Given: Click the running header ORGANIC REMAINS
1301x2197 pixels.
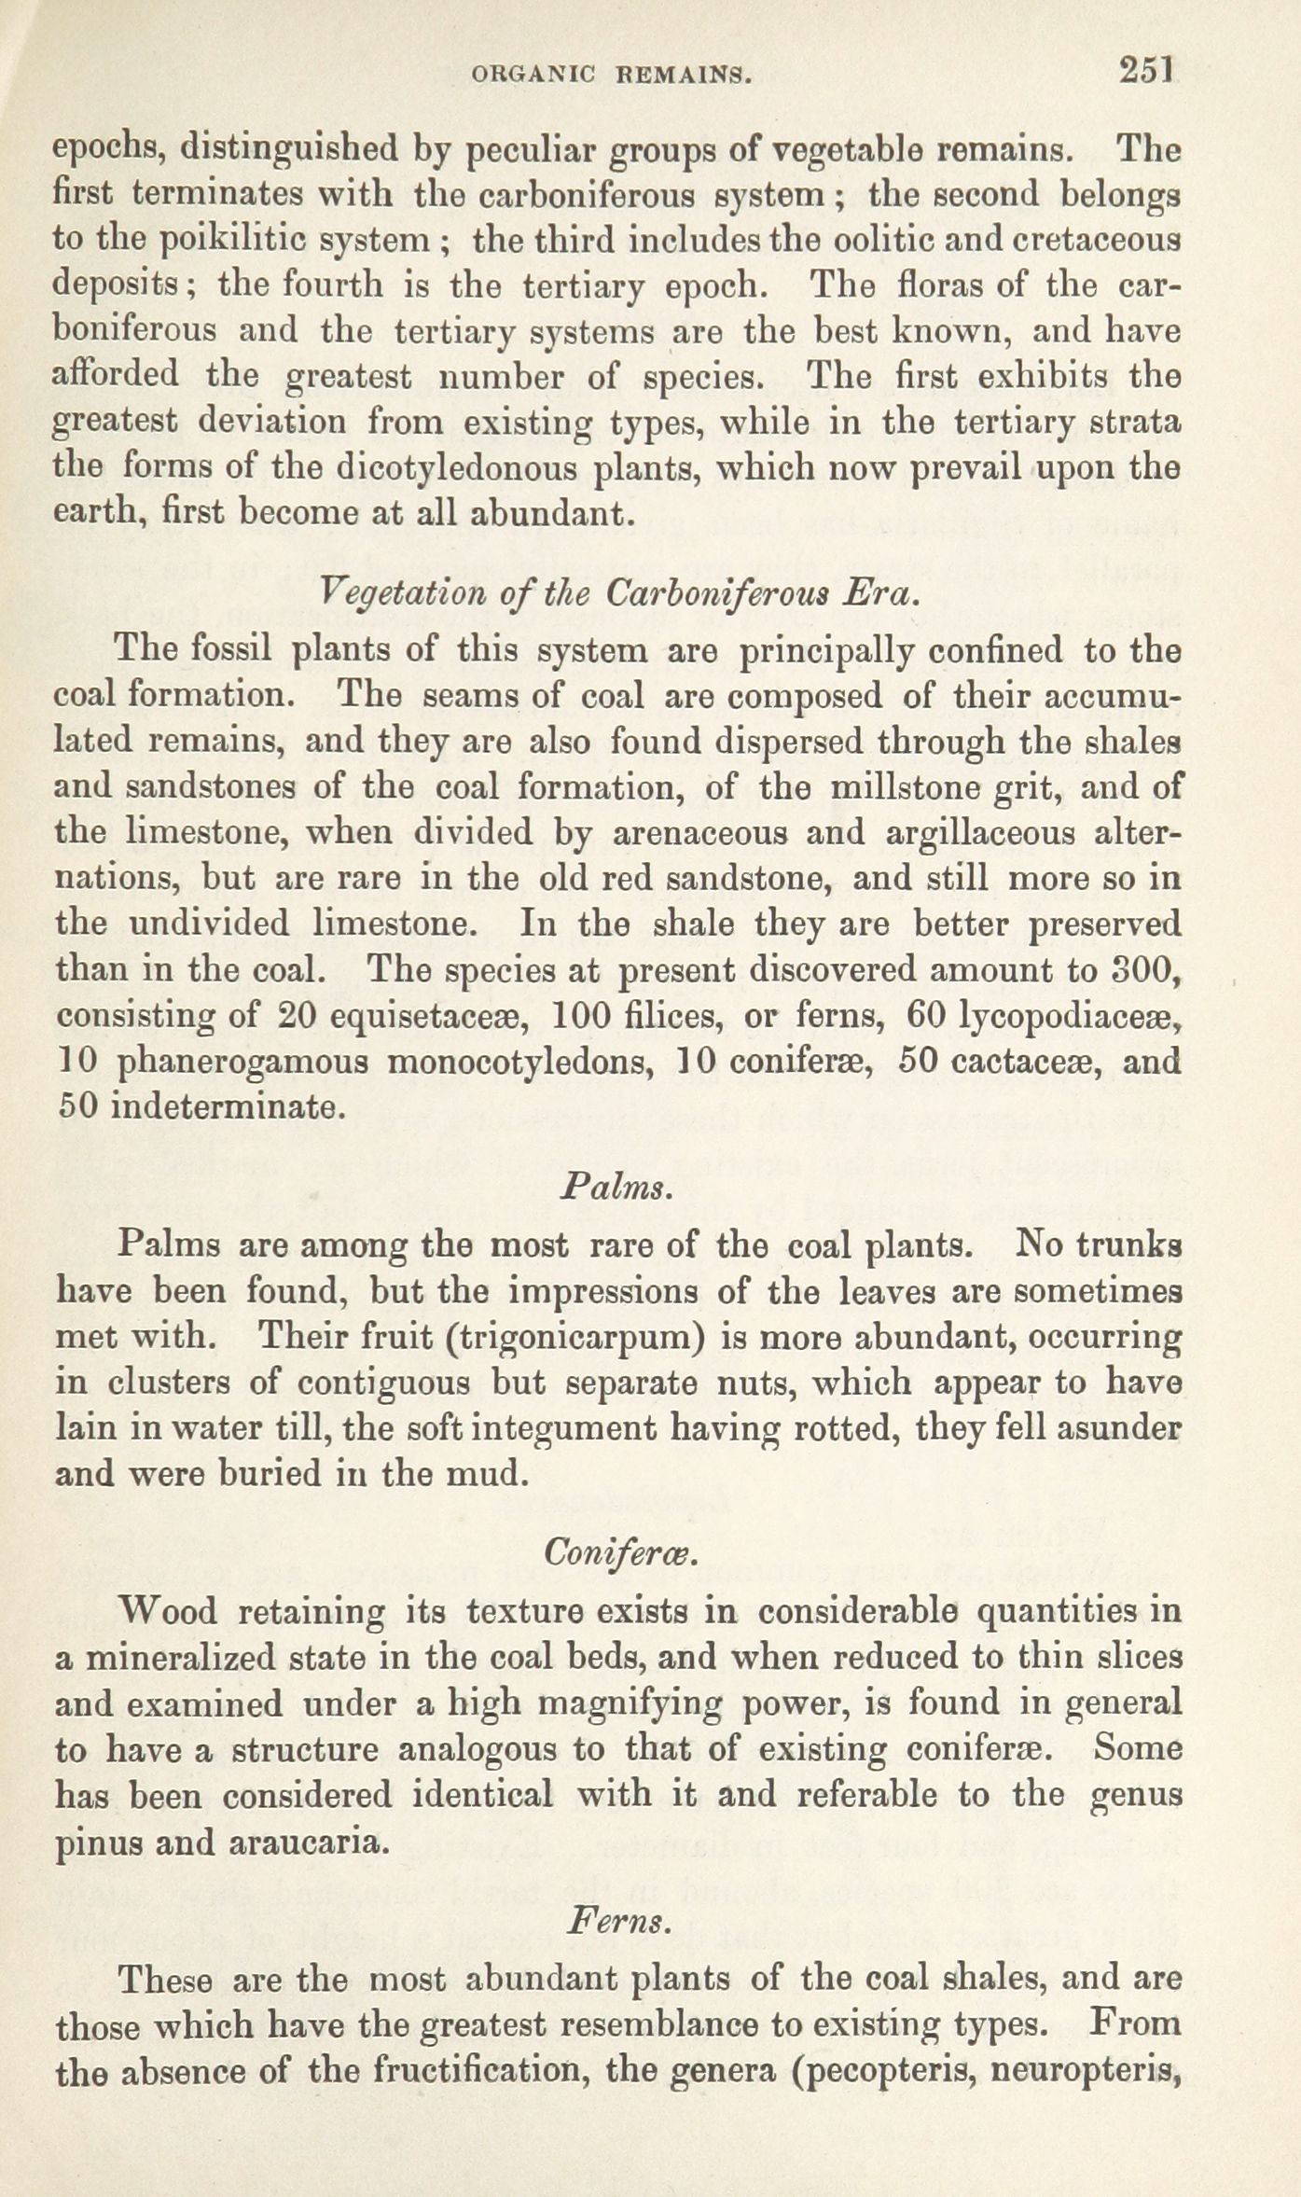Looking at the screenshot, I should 613,75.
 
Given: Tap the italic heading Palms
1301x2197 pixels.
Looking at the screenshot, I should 616,1189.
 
